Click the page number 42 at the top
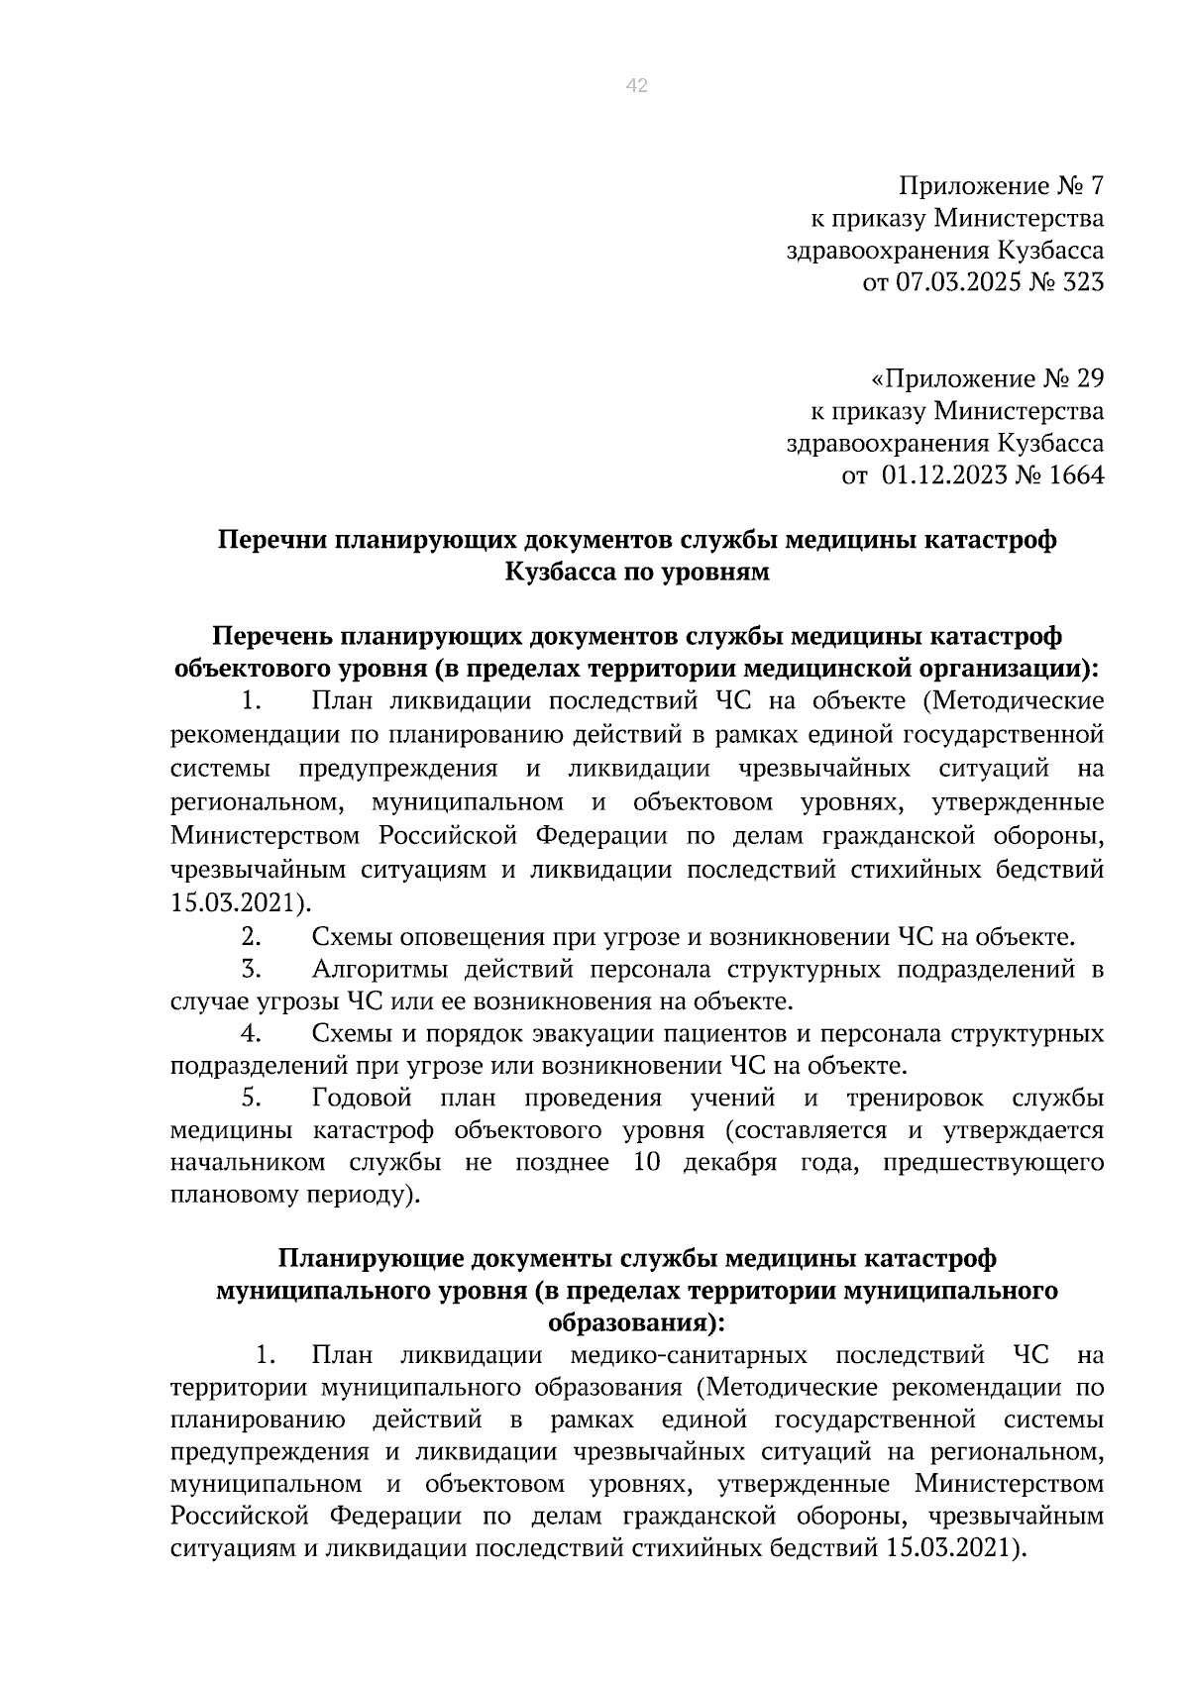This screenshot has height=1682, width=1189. [637, 86]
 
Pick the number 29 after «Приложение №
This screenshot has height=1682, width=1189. [1088, 379]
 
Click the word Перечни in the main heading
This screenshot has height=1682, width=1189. [271, 540]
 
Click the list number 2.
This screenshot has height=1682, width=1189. [251, 936]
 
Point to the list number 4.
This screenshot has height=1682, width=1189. [251, 1033]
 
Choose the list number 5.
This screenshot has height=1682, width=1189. [251, 1098]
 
